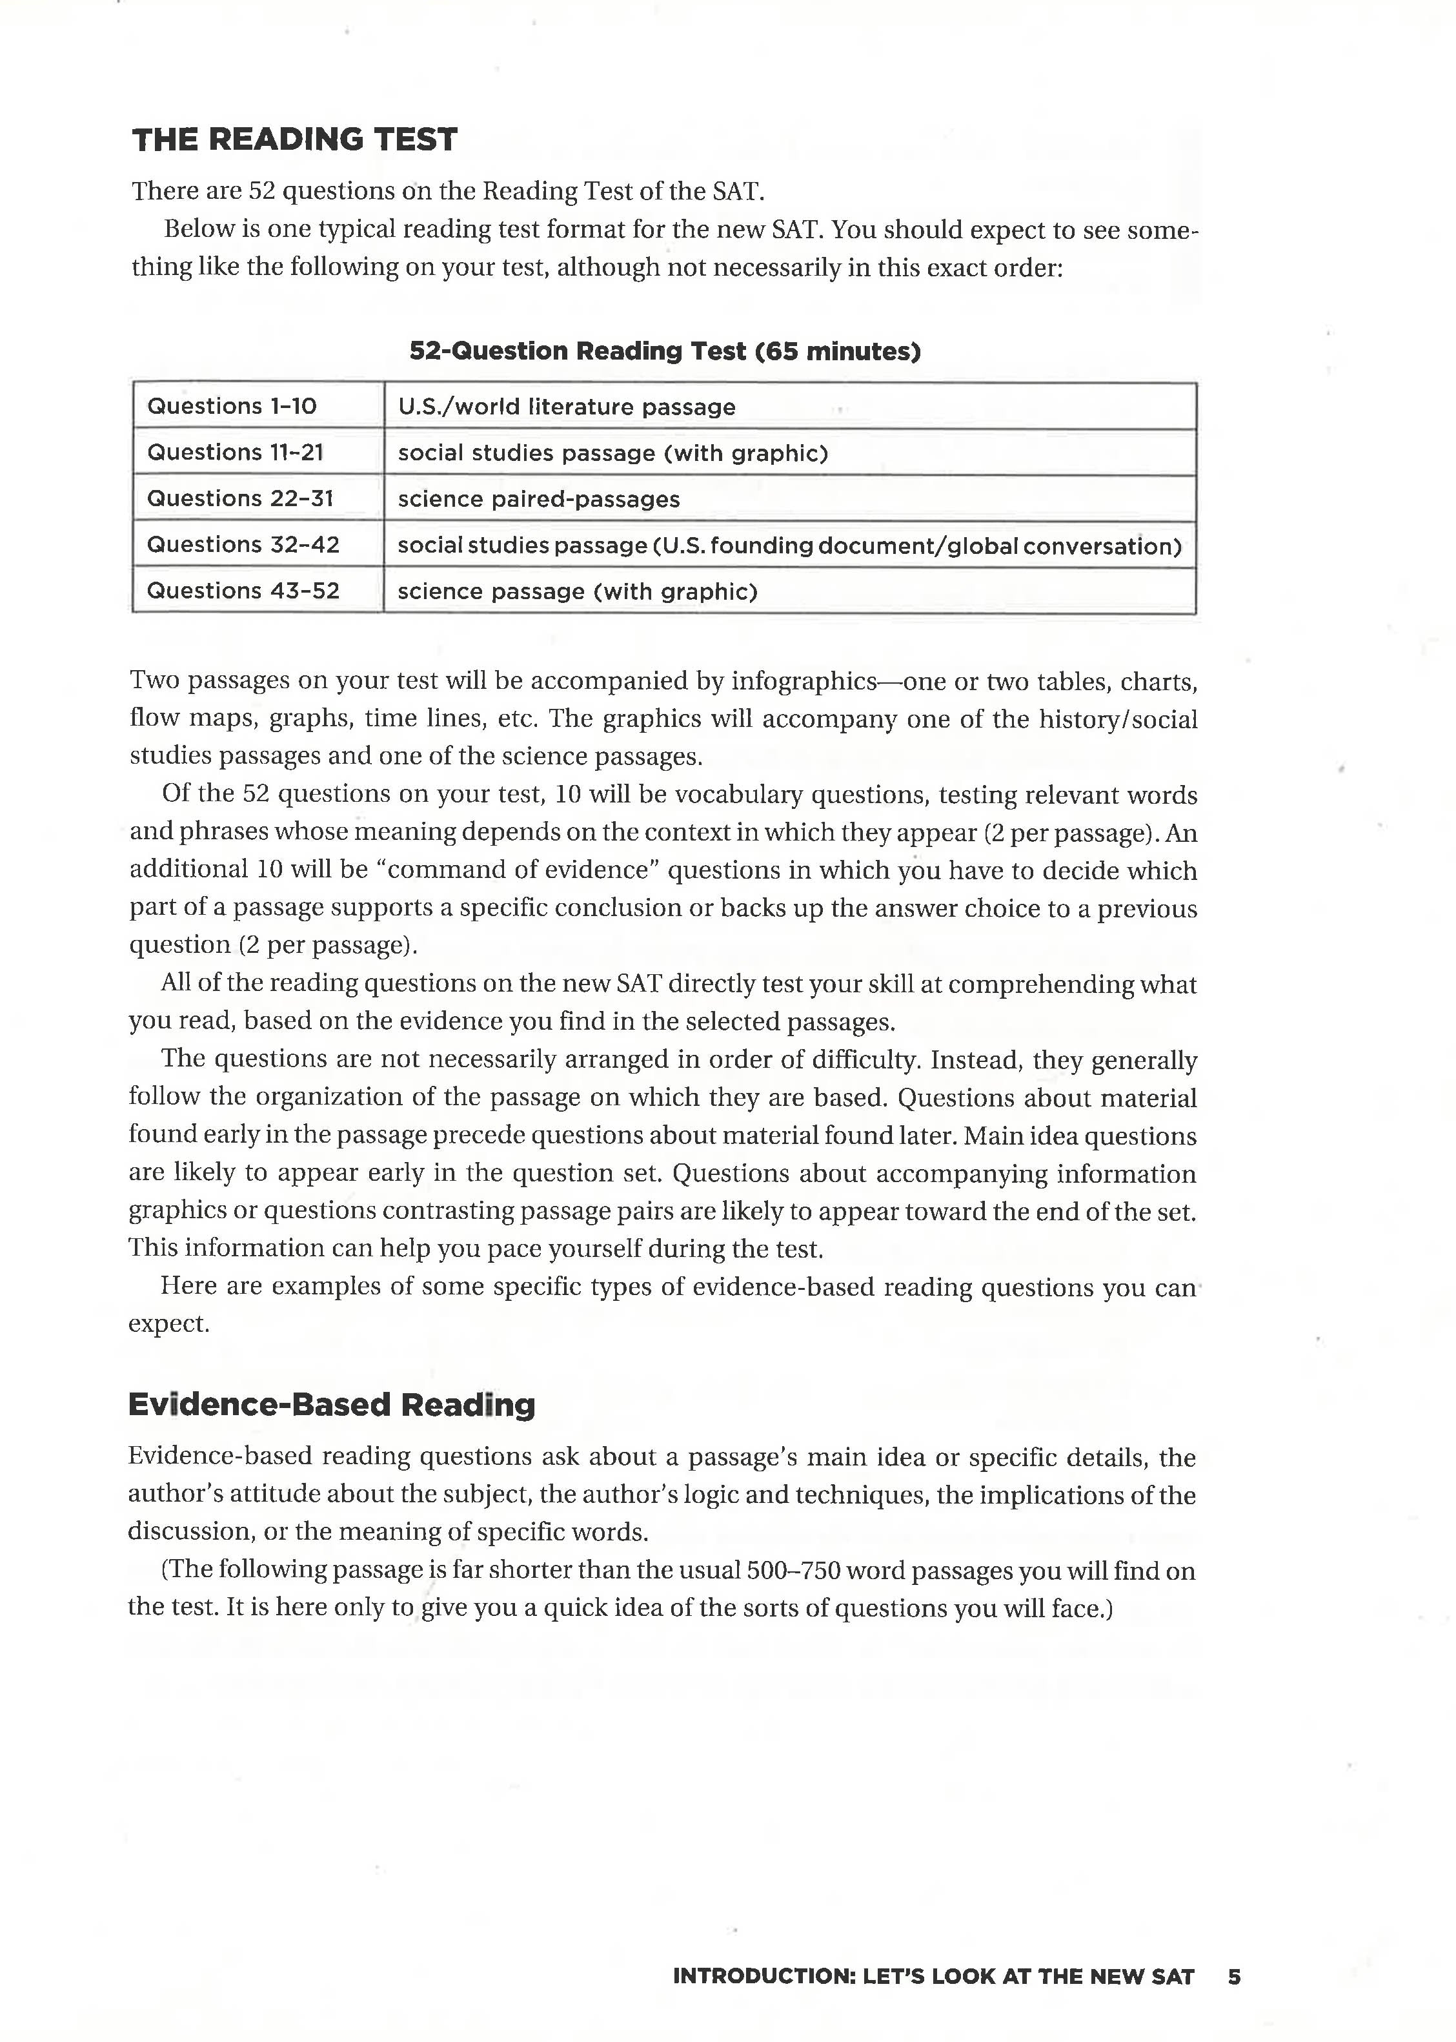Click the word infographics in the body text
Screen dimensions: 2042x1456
tap(802, 682)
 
